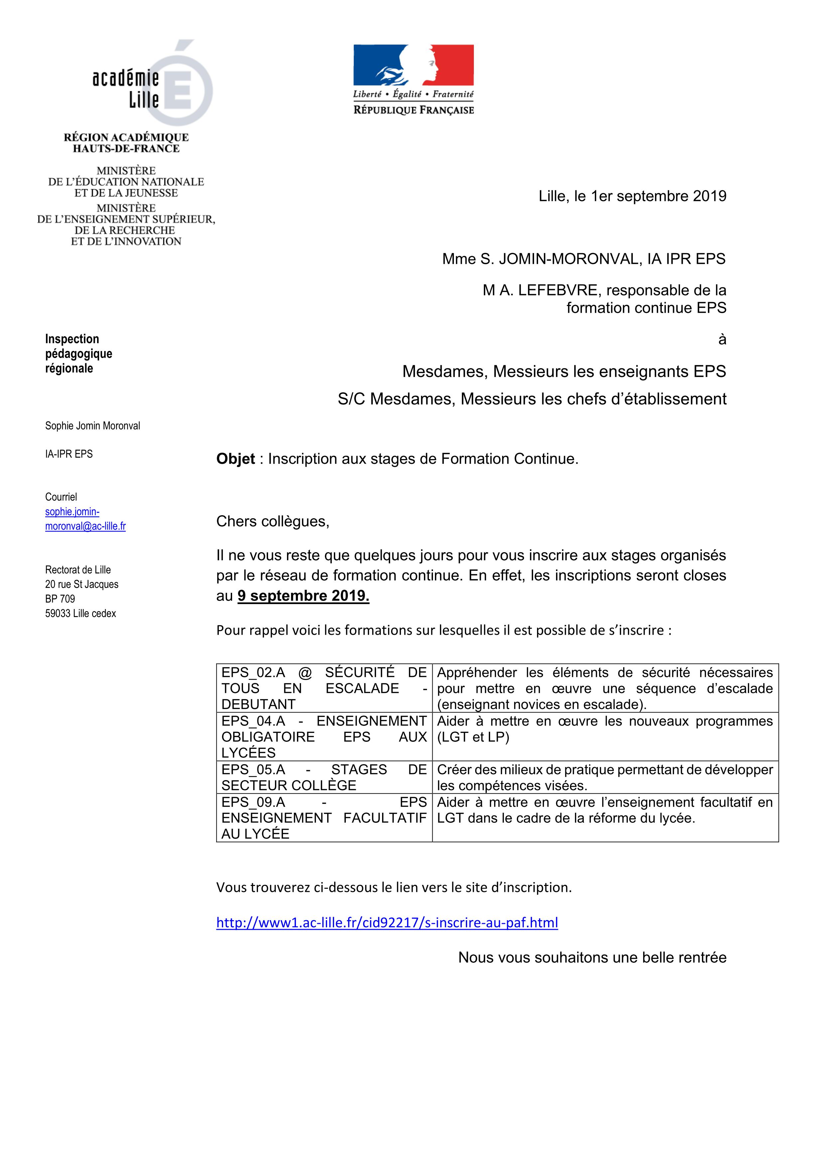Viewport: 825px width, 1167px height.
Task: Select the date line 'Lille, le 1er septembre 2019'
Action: (x=632, y=196)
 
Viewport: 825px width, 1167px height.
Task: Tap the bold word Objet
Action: (x=236, y=459)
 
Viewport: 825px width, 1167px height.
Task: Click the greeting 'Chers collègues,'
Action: (x=273, y=522)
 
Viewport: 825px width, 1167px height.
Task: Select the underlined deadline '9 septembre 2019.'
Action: (x=303, y=596)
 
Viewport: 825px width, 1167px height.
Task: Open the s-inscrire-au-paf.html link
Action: (x=387, y=922)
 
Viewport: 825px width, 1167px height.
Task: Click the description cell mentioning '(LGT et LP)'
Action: (x=605, y=737)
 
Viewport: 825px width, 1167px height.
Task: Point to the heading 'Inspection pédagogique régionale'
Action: (x=79, y=354)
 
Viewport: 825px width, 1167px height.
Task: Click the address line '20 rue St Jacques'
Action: (x=82, y=584)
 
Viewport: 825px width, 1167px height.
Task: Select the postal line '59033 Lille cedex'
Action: (x=80, y=613)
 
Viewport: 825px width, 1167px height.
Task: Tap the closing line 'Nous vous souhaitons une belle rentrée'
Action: (x=592, y=958)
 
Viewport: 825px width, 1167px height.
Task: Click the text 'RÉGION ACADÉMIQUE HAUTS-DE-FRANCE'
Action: (x=126, y=143)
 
